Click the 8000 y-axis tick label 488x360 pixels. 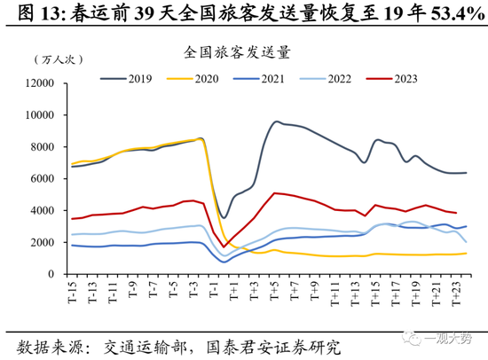(x=42, y=147)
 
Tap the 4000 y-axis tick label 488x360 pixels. (x=42, y=210)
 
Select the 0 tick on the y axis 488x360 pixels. (x=52, y=274)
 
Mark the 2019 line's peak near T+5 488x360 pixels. (x=276, y=121)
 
